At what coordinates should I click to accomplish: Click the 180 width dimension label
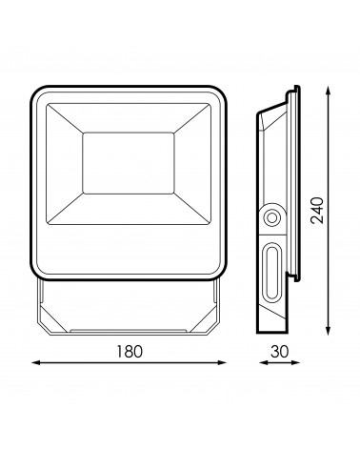coord(130,351)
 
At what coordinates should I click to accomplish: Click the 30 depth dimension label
coord(280,351)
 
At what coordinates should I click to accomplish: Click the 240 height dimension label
coord(317,211)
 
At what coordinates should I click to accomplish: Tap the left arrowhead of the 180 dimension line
coord(35,362)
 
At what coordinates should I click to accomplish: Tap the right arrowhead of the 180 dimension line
coord(222,362)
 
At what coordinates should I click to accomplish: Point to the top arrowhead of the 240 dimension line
coord(329,91)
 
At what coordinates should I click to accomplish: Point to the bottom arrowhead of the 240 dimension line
coord(329,331)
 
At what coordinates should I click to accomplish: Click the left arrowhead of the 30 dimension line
coord(263,362)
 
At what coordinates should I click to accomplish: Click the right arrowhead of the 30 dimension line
coord(296,362)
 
